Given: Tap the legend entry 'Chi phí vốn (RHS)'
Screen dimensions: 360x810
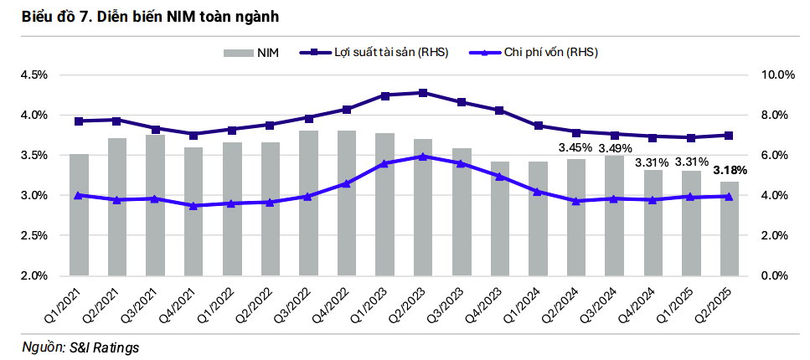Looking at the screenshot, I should tap(549, 52).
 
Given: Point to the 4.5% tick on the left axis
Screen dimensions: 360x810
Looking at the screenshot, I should tap(33, 75).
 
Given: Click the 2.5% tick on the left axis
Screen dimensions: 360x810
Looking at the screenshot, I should tap(33, 235).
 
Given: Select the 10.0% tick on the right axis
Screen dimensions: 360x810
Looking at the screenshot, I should tap(776, 75).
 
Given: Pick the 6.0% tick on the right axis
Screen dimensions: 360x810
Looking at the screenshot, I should tap(776, 155).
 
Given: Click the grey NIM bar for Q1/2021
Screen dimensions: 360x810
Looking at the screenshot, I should tap(79, 214).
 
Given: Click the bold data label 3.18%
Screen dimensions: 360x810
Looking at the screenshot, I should tap(730, 170).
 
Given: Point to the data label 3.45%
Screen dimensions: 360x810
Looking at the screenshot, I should tap(575, 147).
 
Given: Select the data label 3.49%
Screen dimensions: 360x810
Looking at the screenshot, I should tap(614, 148).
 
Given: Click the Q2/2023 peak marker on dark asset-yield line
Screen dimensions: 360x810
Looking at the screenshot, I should tap(423, 93).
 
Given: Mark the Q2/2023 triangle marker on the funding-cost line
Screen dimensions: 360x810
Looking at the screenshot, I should tap(423, 156).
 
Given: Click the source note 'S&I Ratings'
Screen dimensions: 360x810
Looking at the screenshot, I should tap(104, 347).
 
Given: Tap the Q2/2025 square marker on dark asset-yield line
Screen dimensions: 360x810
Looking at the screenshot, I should tap(728, 136).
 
